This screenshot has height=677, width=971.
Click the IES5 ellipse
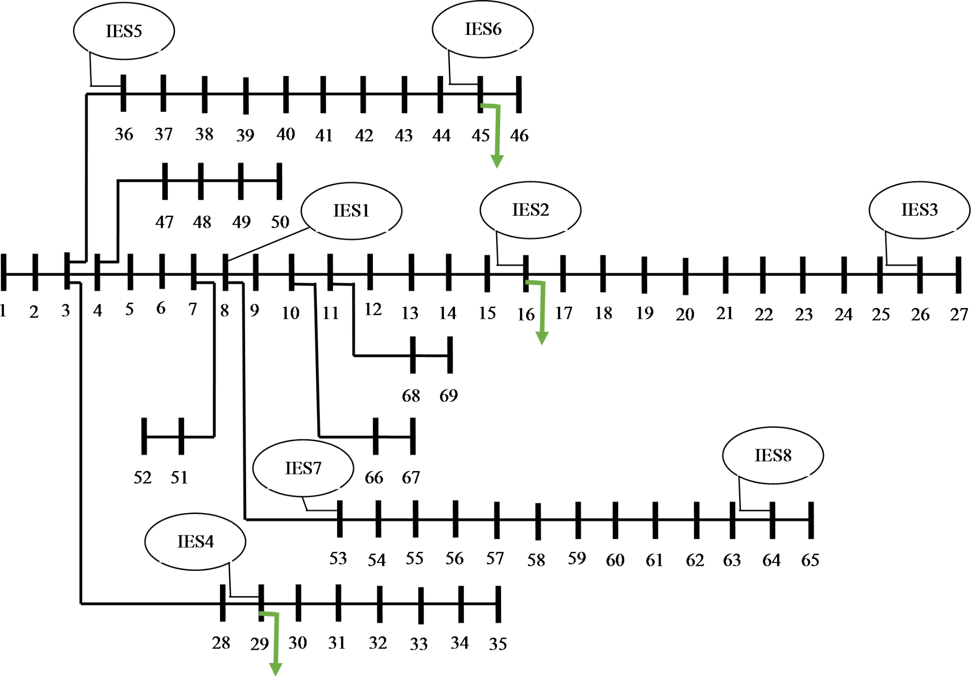coord(124,31)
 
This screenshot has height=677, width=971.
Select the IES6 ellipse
coord(483,29)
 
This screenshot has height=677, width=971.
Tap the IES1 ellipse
coord(351,211)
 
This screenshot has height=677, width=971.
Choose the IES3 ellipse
coord(919,210)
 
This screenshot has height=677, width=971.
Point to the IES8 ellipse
coord(773,455)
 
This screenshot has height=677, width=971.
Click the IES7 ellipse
coord(303,468)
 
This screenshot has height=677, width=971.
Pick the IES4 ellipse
coord(195,542)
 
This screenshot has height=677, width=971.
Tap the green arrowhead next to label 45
coord(497,161)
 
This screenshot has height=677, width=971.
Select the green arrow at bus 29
coord(276,643)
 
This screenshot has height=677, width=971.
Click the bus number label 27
coord(958,315)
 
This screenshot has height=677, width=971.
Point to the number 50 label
coord(280,222)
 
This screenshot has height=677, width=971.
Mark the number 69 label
coord(448,396)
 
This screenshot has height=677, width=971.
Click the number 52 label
coord(142,478)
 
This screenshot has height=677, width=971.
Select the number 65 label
coord(810,560)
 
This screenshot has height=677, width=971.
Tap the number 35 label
coord(498,644)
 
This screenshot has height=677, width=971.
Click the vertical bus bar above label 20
coord(685,276)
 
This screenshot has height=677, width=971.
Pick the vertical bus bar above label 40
coord(286,94)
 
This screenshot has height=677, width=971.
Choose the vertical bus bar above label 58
coord(538,521)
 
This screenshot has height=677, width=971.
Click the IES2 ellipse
coord(530,210)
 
